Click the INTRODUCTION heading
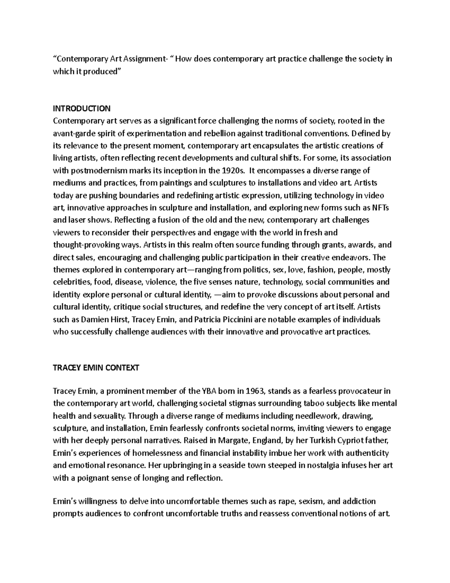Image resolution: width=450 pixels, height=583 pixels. tap(82, 109)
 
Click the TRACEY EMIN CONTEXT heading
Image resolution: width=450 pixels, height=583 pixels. tap(96, 368)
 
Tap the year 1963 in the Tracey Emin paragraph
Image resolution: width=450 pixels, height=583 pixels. tap(255, 391)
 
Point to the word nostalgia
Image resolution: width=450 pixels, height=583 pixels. tap(325, 465)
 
